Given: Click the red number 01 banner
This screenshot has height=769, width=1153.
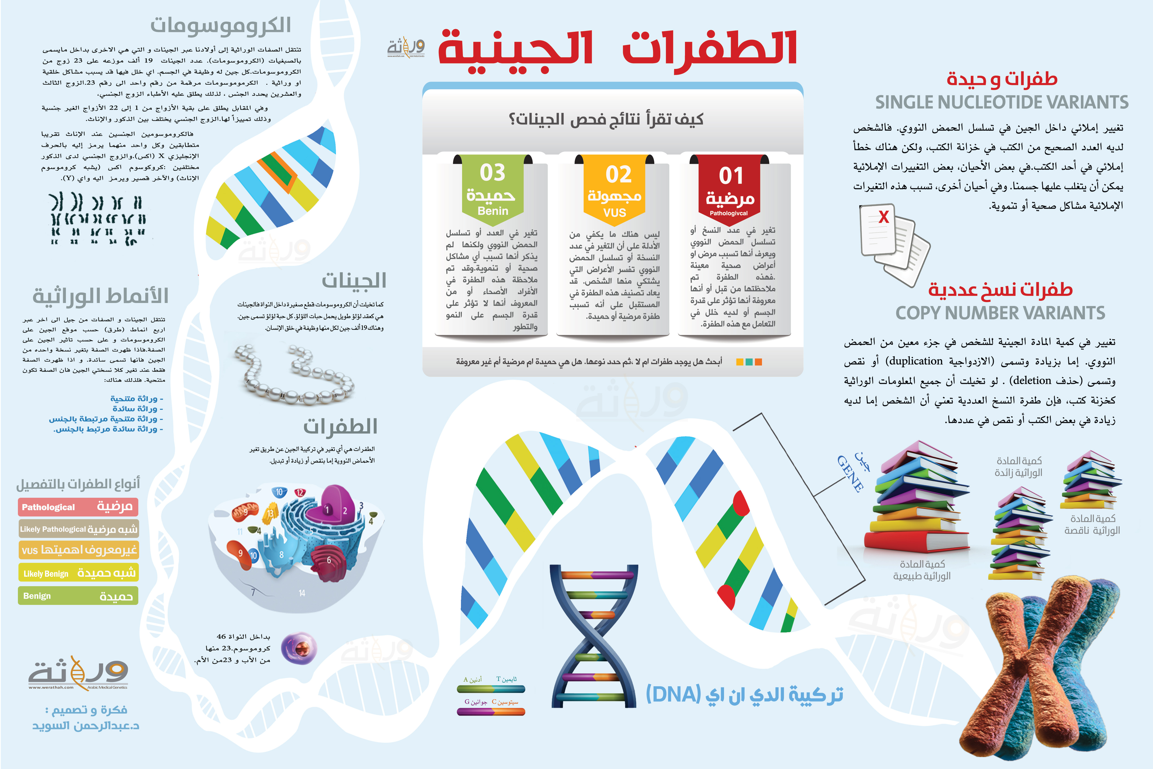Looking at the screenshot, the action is point(729,189).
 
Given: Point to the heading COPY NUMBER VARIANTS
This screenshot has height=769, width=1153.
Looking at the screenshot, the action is point(1000,313).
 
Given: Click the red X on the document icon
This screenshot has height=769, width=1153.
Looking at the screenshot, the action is point(883,217).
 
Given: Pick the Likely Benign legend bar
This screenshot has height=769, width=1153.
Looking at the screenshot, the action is point(78,573).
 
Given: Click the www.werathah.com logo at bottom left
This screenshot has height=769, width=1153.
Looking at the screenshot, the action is point(78,673).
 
